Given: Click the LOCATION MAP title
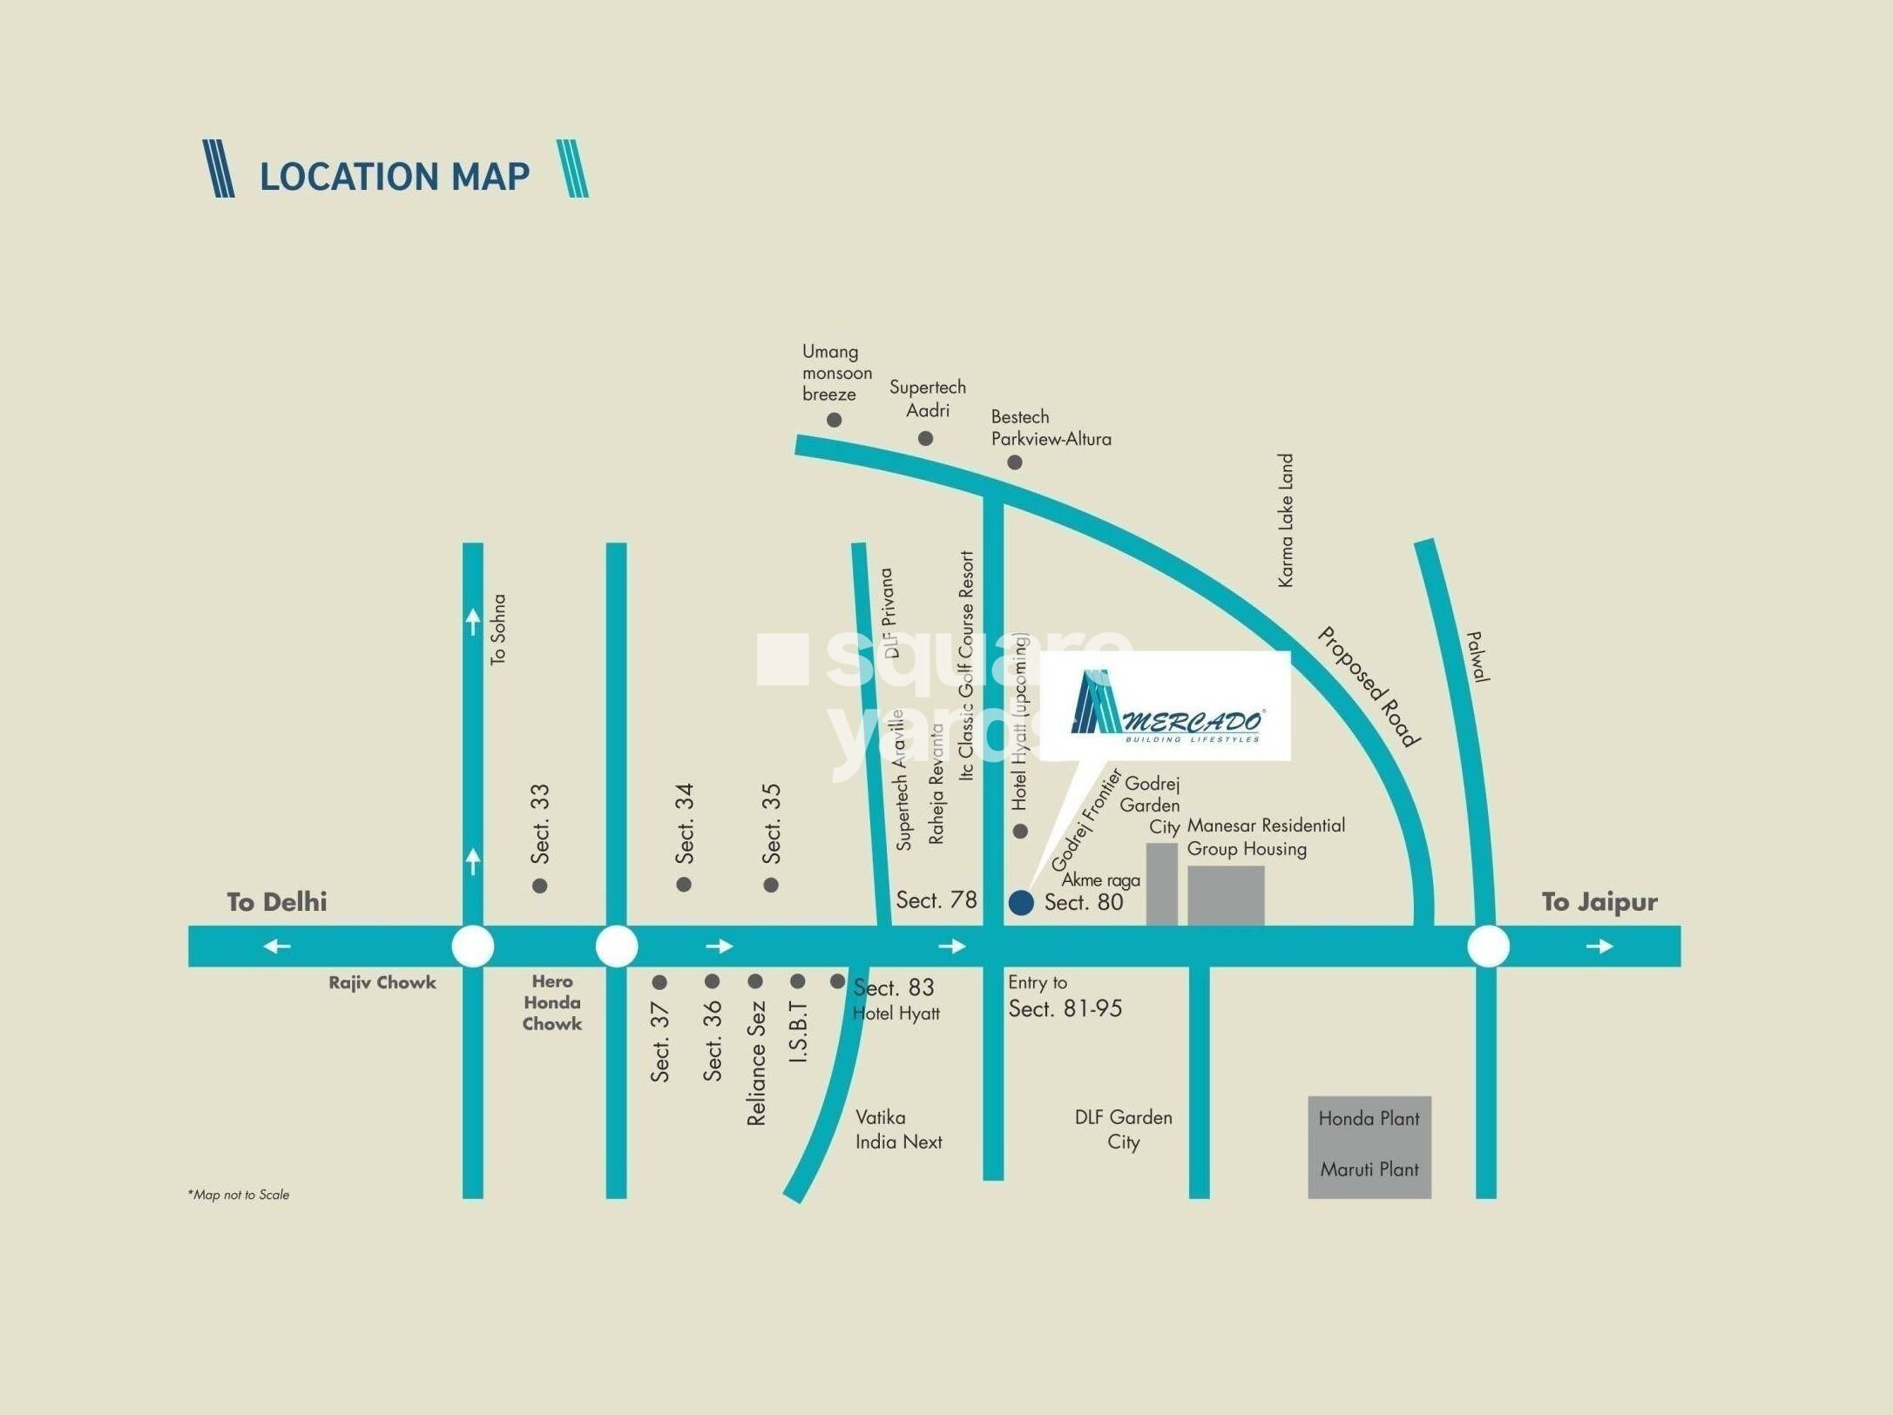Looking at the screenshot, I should click(394, 175).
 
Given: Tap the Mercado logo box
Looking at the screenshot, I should click(1166, 706).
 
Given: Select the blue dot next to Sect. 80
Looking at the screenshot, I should click(1021, 902).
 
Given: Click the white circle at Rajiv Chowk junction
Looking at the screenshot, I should click(473, 947).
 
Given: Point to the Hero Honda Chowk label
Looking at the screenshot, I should click(552, 1002).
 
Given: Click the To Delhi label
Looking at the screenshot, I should click(277, 901).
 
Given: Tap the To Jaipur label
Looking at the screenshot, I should click(1599, 901).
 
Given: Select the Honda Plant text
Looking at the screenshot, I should click(1369, 1118).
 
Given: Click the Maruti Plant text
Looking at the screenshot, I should click(1369, 1169).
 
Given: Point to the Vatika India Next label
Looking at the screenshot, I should click(898, 1129).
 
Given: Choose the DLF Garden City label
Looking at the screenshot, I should click(1123, 1129).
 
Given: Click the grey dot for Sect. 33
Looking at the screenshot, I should click(540, 886).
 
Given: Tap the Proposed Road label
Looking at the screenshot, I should click(1369, 687).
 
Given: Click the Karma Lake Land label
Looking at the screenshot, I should click(1286, 520).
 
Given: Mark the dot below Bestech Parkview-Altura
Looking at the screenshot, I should click(1015, 462).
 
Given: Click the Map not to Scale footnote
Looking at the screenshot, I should click(238, 1195).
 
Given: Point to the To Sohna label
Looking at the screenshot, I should click(497, 630).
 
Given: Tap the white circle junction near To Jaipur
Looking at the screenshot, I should click(1488, 947).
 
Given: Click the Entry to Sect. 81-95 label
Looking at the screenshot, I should click(1063, 996).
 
